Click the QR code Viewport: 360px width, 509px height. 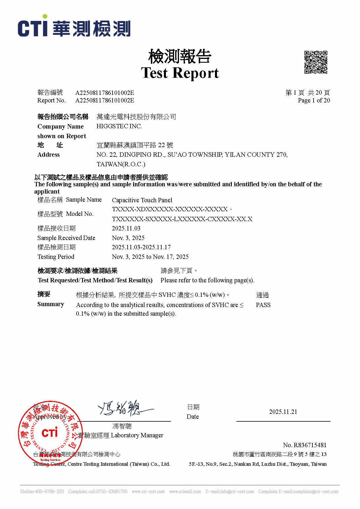(x=316, y=62)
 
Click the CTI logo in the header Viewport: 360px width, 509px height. (x=74, y=26)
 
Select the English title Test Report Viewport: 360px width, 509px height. (x=180, y=73)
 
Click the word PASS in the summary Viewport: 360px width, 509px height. (x=263, y=305)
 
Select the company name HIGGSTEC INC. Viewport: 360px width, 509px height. (x=119, y=126)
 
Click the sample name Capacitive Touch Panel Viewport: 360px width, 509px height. (x=142, y=200)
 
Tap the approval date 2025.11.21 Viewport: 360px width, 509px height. (x=283, y=412)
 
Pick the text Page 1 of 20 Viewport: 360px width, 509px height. (x=314, y=100)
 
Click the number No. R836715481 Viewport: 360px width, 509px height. (x=305, y=445)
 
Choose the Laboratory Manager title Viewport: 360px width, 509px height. (x=137, y=435)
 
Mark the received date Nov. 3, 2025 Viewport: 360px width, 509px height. (x=128, y=238)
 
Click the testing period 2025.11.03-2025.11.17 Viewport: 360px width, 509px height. (x=141, y=247)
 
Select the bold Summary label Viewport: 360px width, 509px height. (x=51, y=304)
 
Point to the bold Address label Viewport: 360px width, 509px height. (x=48, y=155)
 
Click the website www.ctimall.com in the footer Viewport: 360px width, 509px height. (x=185, y=492)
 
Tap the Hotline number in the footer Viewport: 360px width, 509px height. (x=42, y=492)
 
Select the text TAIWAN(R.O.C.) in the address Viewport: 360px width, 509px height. (x=121, y=164)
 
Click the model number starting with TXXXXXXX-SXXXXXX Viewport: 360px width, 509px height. (x=182, y=219)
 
